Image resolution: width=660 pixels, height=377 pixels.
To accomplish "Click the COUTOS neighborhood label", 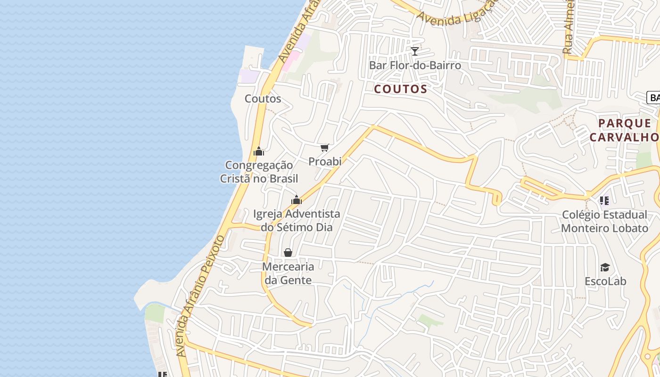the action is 401,89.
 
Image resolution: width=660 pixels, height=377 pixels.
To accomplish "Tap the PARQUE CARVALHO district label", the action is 624,130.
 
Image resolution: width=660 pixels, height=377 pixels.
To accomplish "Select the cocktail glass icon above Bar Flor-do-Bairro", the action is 415,51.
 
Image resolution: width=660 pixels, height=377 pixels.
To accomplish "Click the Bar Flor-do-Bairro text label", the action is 415,65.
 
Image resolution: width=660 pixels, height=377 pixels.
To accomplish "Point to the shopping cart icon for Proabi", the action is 324,148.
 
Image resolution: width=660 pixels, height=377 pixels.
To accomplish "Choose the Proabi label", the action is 325,161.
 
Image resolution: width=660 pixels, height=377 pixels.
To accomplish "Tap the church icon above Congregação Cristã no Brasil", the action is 259,151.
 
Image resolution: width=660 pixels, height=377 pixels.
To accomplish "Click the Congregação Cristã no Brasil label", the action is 259,172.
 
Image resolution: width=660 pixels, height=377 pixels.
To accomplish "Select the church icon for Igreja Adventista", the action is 297,200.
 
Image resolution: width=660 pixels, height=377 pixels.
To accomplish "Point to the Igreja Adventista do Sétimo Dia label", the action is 297,221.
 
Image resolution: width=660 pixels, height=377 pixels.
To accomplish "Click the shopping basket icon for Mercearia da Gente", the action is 288,253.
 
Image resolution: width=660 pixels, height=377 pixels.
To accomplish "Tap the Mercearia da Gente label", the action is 288,273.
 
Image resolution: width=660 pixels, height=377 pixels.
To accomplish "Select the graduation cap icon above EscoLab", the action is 605,268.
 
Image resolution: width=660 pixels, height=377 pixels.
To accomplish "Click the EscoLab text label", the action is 605,281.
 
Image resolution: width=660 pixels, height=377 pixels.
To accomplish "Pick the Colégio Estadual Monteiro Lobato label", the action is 604,221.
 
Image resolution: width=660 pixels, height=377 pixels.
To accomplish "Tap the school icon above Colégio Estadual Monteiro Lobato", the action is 604,201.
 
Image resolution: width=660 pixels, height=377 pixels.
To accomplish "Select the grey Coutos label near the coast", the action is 263,98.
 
